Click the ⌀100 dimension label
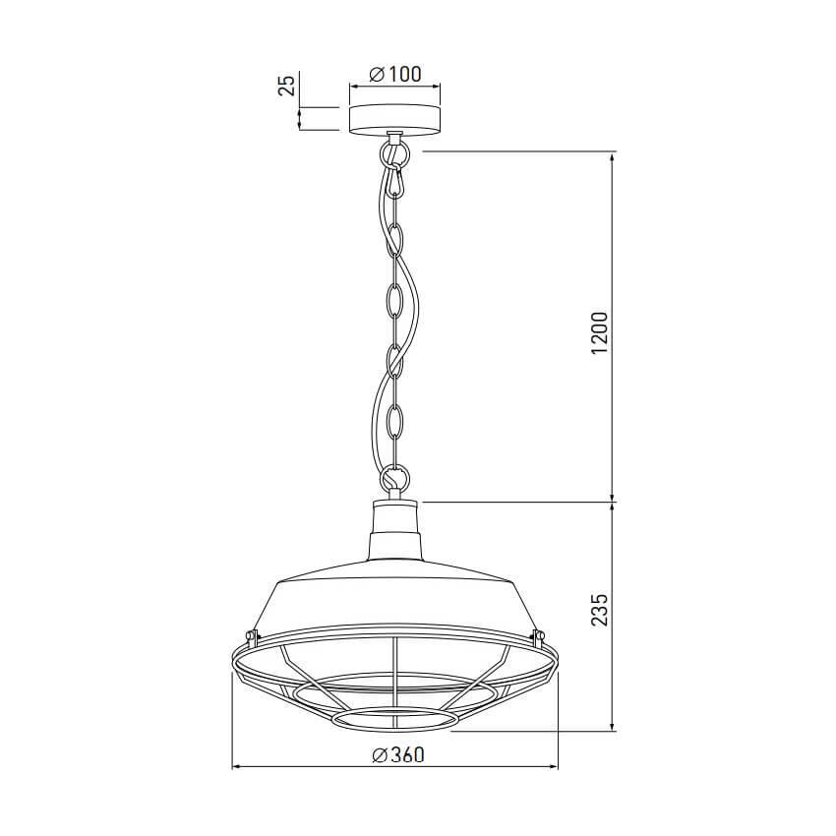395,75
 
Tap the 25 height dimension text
287,85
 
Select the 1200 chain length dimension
599,332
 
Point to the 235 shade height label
599,610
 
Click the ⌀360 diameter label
398,755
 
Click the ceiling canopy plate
394,119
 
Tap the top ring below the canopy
394,155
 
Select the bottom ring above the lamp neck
394,476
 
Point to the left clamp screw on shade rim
251,635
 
